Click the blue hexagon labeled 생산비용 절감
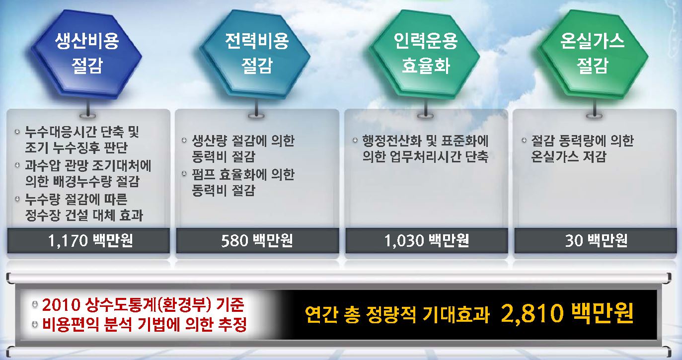[x=87, y=55]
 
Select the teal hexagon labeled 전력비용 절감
[x=256, y=55]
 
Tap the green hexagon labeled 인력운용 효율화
[x=425, y=55]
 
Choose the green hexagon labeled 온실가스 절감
[x=593, y=55]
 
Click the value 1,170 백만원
[x=90, y=241]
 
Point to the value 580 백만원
[x=257, y=241]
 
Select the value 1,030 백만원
[x=427, y=241]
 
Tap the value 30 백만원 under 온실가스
[x=596, y=241]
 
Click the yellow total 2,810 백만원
[x=567, y=313]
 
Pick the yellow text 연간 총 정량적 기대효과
[x=397, y=315]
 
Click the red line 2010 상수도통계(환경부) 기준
[x=143, y=305]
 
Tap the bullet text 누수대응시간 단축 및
[x=82, y=132]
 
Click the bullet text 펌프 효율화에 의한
[x=243, y=175]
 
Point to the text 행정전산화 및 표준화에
[x=425, y=141]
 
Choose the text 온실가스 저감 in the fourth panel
[x=568, y=156]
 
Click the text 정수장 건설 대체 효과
[x=84, y=215]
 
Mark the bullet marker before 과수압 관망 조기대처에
[x=17, y=165]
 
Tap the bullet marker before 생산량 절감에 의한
[x=184, y=140]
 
